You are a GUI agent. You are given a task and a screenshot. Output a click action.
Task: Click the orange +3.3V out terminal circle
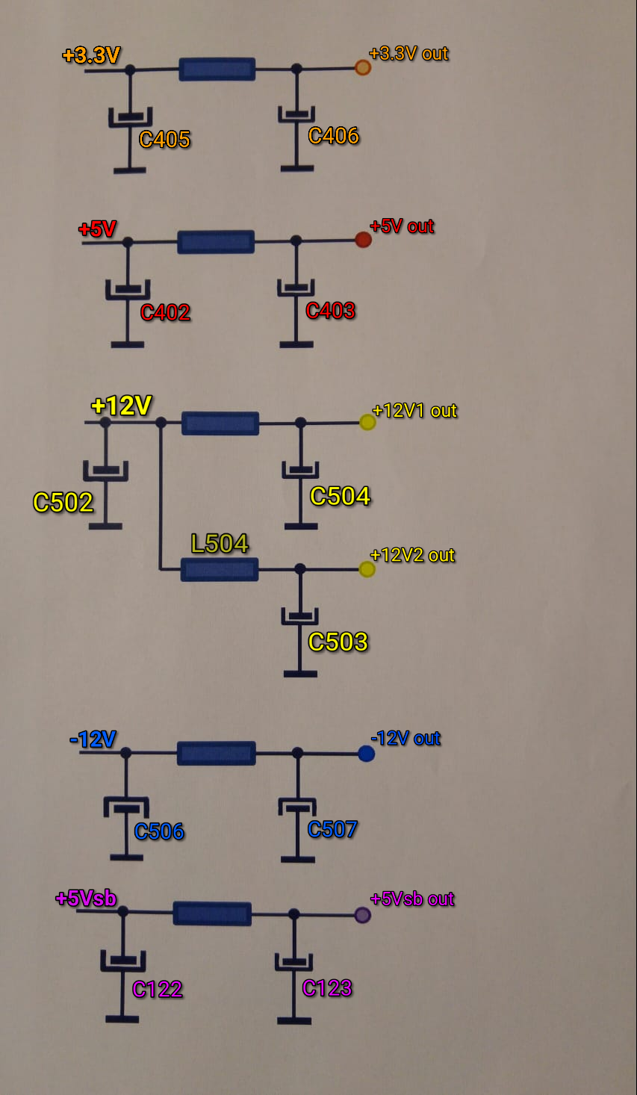coord(362,68)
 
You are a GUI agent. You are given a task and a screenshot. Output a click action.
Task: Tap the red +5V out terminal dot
coord(363,240)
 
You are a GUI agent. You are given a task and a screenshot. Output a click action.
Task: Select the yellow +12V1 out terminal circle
coord(367,422)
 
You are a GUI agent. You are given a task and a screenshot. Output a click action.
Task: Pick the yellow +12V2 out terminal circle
coord(367,570)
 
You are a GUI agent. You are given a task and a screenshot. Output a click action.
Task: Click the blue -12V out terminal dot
coord(366,754)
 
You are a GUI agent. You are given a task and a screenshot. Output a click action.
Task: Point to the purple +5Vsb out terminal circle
coord(362,915)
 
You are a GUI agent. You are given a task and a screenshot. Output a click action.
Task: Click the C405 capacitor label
coord(164,139)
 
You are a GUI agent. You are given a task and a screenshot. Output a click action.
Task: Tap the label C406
coord(333,135)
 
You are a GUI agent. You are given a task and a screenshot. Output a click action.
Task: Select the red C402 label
coord(165,312)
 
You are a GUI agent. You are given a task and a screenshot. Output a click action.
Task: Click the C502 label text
coord(63,502)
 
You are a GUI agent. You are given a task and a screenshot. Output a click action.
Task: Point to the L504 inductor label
coord(219,543)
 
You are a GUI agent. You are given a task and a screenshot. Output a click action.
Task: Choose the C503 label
coord(338,642)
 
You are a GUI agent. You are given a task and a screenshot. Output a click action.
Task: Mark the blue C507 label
coord(332,829)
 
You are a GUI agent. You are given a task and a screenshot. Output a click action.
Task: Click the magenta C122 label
coord(157,989)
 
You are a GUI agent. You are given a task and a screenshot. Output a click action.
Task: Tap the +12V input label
coord(121,406)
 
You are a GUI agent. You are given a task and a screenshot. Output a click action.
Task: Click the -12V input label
coord(93,739)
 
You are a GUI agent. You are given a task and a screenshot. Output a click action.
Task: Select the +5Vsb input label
coord(86,898)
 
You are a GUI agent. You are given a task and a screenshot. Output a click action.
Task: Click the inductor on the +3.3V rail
coord(217,69)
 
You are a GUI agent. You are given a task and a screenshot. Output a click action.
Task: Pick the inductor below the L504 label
coord(220,570)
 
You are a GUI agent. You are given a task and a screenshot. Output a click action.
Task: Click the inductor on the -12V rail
coord(216,753)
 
